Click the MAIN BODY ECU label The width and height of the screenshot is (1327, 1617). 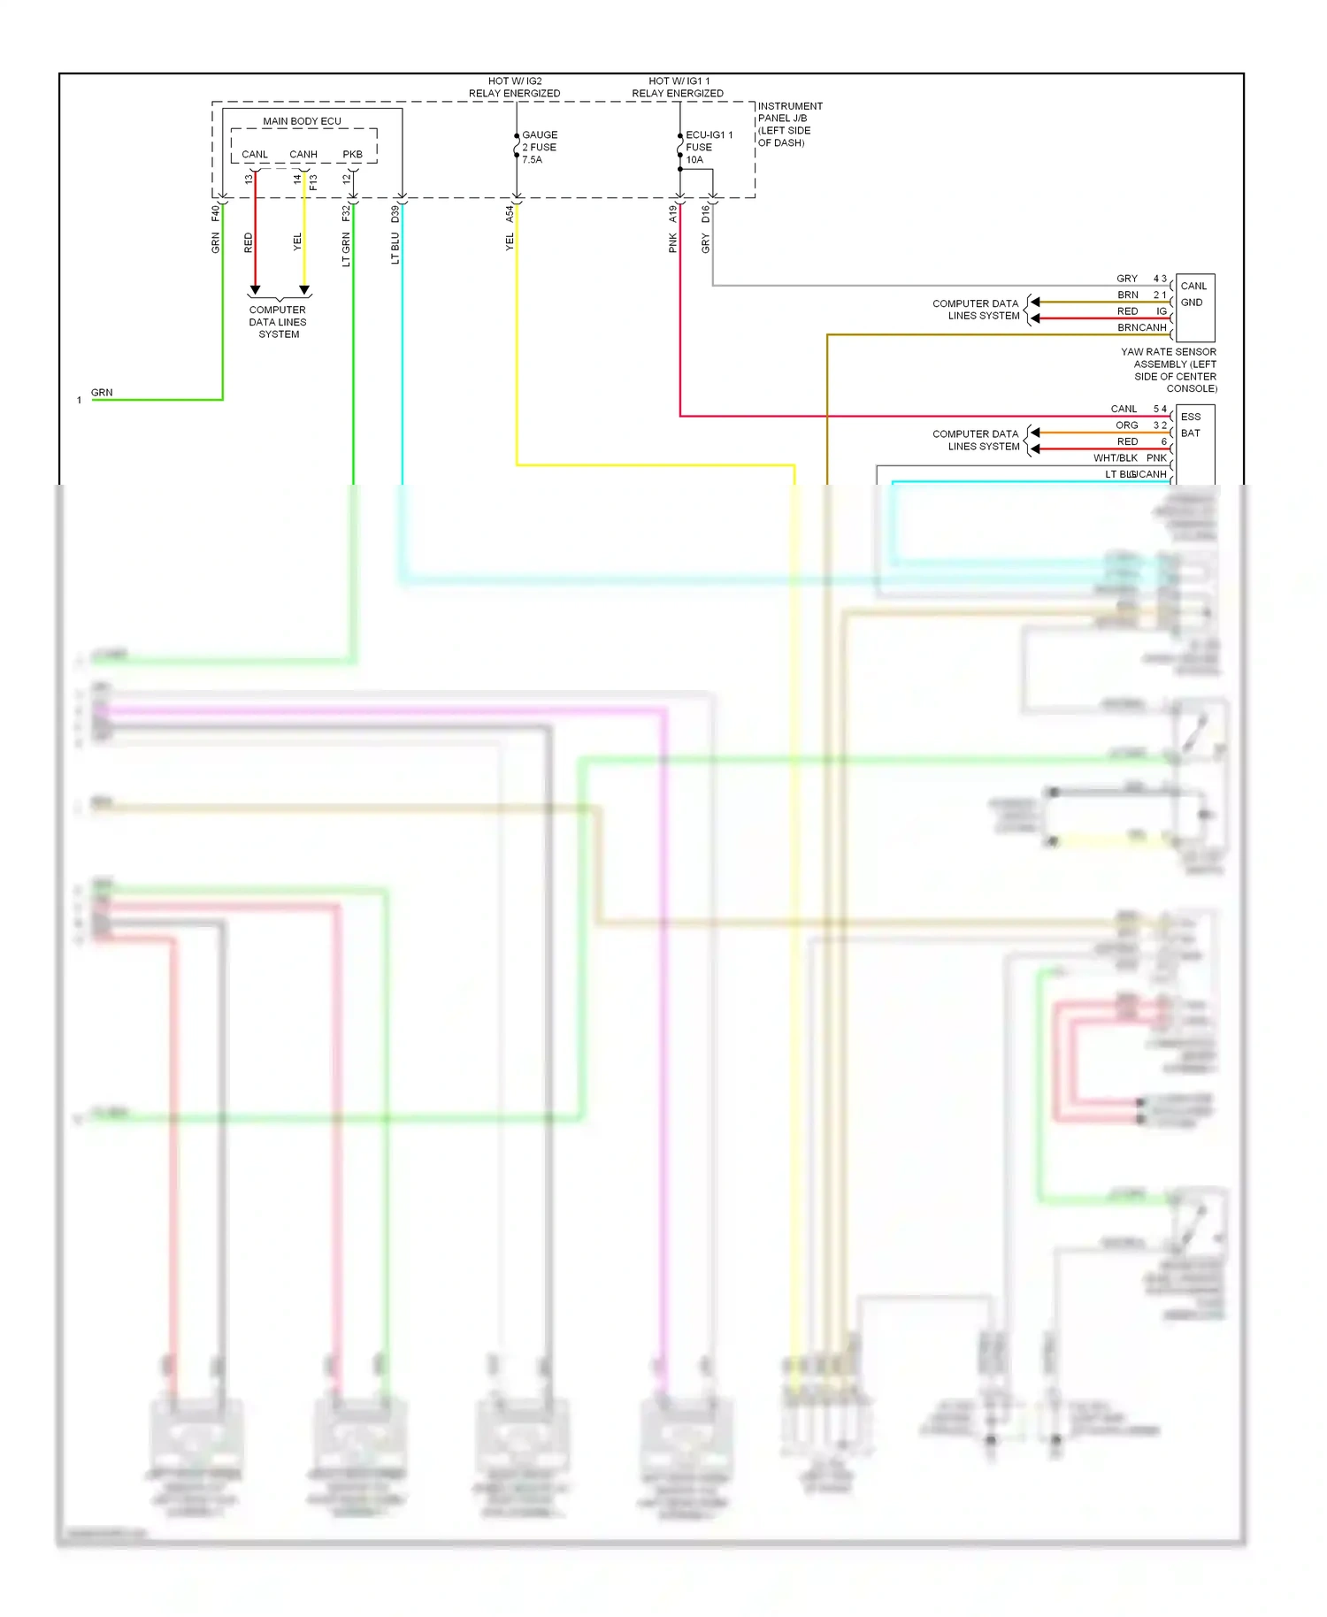click(x=302, y=121)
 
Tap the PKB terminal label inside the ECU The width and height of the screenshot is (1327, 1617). click(x=352, y=154)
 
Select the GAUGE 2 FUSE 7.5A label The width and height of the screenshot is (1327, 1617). click(x=539, y=147)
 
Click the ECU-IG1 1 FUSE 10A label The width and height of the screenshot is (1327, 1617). click(x=708, y=147)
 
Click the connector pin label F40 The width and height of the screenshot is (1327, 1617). click(x=215, y=213)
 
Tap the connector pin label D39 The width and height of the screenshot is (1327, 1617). click(x=395, y=213)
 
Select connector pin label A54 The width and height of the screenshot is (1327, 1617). click(x=510, y=213)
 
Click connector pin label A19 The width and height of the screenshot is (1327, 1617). click(x=672, y=213)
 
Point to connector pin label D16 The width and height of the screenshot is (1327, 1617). click(x=705, y=213)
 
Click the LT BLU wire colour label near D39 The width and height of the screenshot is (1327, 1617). click(x=395, y=249)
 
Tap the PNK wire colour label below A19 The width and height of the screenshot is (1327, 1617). click(x=672, y=243)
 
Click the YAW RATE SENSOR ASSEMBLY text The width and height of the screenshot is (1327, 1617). click(x=1170, y=370)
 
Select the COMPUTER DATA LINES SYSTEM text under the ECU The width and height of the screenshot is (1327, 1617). click(x=278, y=322)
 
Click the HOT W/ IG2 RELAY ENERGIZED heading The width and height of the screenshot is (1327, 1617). click(x=514, y=87)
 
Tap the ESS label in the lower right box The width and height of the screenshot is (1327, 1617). click(x=1191, y=417)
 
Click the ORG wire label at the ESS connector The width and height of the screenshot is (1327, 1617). click(x=1126, y=425)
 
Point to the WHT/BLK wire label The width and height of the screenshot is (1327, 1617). click(x=1115, y=458)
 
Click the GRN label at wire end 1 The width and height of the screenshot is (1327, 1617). click(x=102, y=392)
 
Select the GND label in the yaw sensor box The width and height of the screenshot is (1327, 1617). click(x=1191, y=303)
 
